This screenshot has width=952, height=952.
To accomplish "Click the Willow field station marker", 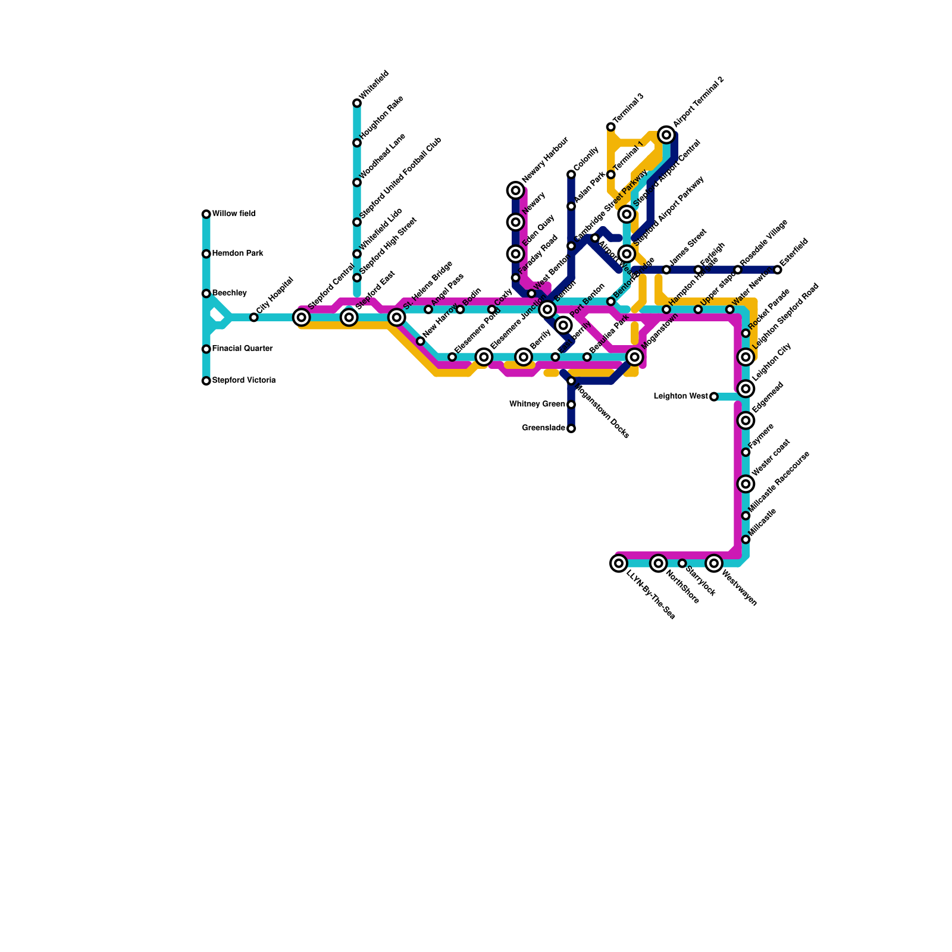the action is pos(206,214).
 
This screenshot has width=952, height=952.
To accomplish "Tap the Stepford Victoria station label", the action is pos(243,380).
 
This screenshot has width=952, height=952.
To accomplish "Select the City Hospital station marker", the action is pos(254,317).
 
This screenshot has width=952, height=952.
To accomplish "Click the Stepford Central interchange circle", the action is pos(302,317).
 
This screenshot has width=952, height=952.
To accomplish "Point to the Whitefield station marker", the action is pos(357,103).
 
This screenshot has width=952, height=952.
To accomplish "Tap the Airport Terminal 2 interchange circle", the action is pos(666,135).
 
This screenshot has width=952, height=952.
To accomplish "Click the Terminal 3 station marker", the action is pos(611,127).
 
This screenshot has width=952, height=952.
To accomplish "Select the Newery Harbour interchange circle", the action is pos(516,190).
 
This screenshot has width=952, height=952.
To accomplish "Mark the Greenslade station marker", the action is pos(571,428).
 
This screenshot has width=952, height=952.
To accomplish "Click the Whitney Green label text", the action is pos(537,405).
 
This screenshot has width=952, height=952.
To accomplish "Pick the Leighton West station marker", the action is pos(714,396).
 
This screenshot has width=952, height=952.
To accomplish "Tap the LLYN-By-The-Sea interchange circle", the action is pos(619,563).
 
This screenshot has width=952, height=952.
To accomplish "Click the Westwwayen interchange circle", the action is pos(714,563).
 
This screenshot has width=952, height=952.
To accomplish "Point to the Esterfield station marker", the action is pos(778,270).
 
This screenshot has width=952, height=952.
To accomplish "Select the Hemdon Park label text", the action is pos(237,253).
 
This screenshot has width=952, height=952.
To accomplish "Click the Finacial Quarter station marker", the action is pos(206,349).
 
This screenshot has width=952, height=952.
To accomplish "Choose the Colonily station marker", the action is pos(571,174).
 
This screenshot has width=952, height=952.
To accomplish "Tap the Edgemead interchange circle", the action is pos(746,421).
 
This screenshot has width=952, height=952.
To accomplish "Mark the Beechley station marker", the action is pos(206,293).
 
